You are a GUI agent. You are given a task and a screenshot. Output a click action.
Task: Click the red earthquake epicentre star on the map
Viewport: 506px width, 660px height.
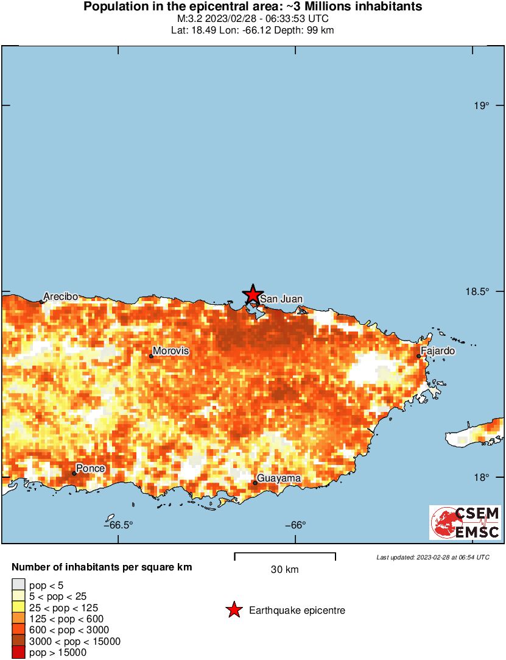click(253, 294)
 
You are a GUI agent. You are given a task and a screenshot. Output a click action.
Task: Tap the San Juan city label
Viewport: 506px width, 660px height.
click(281, 299)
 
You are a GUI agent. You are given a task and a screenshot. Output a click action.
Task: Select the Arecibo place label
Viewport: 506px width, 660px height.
click(60, 296)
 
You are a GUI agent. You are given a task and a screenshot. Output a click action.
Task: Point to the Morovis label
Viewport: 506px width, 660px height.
click(170, 351)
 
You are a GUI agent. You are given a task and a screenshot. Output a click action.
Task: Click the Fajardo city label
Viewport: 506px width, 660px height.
click(438, 351)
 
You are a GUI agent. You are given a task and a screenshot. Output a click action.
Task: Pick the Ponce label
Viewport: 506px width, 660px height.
click(90, 468)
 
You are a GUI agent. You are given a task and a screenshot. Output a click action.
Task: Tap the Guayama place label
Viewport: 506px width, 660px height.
click(278, 478)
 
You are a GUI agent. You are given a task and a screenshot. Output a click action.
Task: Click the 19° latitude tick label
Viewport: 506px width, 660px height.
click(482, 106)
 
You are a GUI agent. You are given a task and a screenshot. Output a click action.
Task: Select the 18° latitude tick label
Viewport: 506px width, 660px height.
click(482, 477)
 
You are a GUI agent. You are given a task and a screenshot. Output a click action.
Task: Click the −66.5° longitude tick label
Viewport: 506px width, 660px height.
click(118, 525)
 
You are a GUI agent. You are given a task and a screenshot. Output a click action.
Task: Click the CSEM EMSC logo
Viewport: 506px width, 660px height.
click(465, 522)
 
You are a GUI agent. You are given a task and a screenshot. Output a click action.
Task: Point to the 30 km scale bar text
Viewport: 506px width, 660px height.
click(284, 570)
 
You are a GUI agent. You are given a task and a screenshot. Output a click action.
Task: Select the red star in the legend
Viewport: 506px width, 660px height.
click(234, 610)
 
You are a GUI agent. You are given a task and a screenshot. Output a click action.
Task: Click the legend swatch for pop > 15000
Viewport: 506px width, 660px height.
click(19, 653)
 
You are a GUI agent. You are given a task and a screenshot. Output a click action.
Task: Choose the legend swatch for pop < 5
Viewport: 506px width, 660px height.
click(19, 585)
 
